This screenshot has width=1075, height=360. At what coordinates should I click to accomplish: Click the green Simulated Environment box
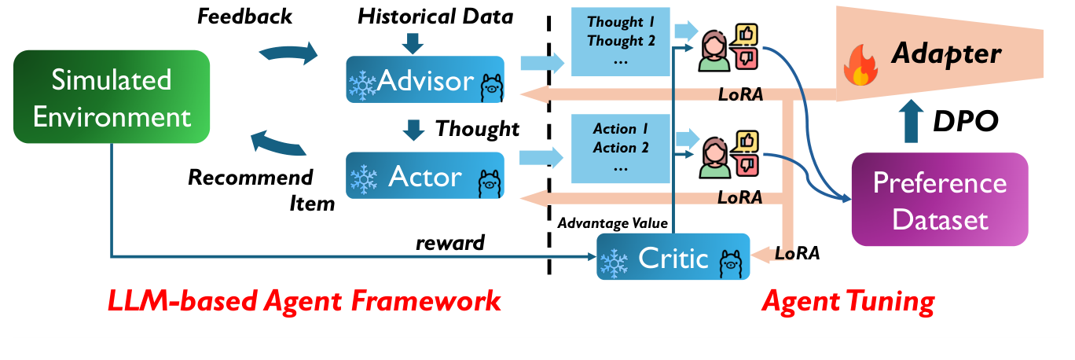(x=111, y=98)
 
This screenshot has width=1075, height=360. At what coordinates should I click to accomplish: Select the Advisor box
(x=424, y=79)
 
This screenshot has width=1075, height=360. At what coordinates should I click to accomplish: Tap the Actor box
(x=424, y=176)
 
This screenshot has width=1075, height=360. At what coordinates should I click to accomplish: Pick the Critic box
(x=673, y=257)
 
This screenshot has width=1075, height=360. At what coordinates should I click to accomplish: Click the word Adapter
(x=945, y=54)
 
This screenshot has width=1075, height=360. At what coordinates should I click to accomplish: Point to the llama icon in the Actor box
(x=488, y=183)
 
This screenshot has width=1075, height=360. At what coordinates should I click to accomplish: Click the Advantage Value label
(x=612, y=224)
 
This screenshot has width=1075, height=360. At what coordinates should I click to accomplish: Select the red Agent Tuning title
(x=849, y=300)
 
